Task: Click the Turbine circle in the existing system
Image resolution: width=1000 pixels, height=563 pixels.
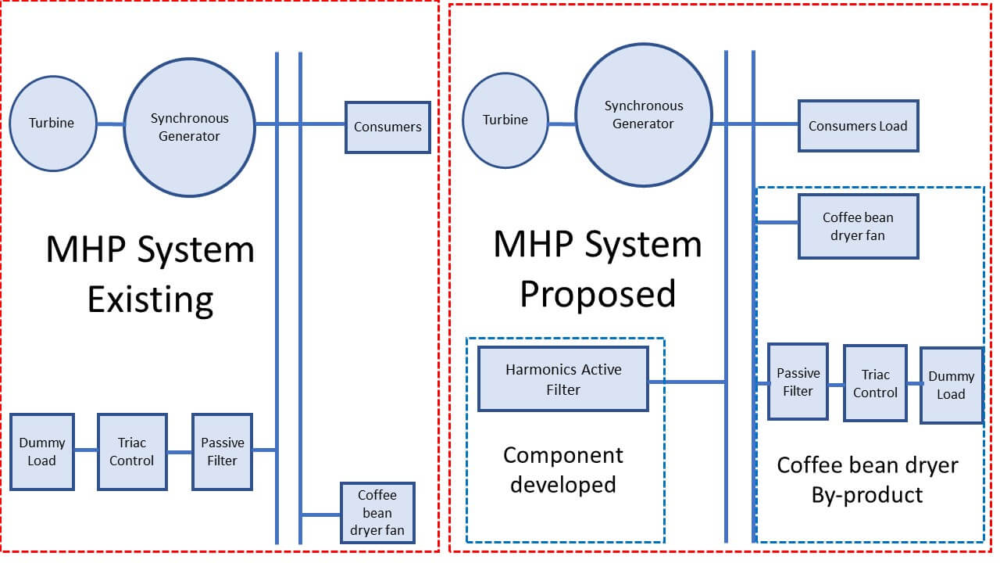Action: coord(52,124)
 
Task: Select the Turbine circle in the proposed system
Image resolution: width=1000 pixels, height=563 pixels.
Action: coord(505,120)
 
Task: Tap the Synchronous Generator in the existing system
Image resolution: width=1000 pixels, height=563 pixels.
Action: coord(190,127)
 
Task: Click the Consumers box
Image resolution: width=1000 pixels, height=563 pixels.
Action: coord(388,127)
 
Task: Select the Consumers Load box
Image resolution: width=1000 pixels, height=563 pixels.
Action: coord(858,126)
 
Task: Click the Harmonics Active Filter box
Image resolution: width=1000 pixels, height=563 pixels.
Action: coord(563,379)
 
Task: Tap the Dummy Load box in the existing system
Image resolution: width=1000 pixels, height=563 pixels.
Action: coord(42,452)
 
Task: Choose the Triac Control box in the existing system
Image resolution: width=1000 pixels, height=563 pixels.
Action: coord(132,452)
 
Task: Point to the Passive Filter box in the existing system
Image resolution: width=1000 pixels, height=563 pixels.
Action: coord(223,452)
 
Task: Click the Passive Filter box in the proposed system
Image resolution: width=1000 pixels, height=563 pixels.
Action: coord(798,382)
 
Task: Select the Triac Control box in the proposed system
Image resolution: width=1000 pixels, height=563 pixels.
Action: coord(875,383)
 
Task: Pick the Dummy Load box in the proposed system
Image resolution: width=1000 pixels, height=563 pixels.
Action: coord(951,385)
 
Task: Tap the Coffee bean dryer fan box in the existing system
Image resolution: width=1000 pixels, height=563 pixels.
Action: coord(377,514)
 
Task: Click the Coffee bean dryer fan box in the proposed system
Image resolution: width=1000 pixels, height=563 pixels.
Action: coord(858,227)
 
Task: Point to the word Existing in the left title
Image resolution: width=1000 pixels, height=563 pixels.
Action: coord(150,299)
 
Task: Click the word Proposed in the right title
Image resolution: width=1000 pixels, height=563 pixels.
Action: coord(598,294)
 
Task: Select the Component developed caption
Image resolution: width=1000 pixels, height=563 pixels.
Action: coord(563,469)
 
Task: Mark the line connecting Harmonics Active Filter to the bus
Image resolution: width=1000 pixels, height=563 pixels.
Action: coord(687,382)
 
